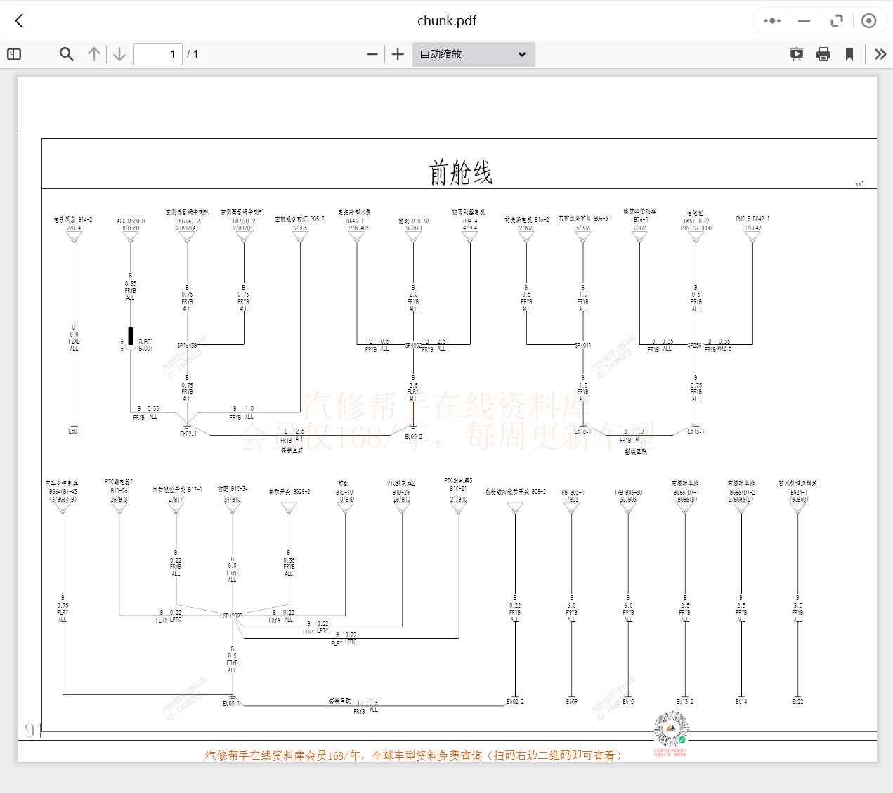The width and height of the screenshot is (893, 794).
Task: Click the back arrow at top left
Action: [x=20, y=21]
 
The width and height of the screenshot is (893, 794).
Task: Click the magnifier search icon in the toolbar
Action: [x=67, y=54]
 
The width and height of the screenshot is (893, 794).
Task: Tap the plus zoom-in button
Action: [x=398, y=54]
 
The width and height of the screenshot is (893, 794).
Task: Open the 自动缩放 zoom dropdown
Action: [x=474, y=54]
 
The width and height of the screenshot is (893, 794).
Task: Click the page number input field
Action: [x=158, y=54]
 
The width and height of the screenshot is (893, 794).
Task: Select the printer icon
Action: [x=823, y=54]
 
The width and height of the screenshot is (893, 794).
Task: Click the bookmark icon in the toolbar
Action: [x=849, y=54]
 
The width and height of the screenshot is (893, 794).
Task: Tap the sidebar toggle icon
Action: [x=14, y=54]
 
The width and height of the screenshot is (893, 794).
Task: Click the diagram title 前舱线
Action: [x=460, y=172]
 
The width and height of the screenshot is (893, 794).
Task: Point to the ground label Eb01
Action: [x=74, y=431]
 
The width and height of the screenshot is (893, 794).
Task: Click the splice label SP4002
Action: [x=413, y=346]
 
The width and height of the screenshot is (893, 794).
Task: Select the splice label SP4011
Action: [x=583, y=346]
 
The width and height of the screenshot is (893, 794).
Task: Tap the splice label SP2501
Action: [x=696, y=346]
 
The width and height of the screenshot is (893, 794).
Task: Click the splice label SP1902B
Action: [x=233, y=616]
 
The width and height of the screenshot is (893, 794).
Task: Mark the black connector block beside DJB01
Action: [x=131, y=336]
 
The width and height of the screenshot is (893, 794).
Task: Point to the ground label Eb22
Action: [x=797, y=702]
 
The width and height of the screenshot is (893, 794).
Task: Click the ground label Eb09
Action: [x=572, y=702]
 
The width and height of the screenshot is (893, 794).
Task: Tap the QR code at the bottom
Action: [x=670, y=729]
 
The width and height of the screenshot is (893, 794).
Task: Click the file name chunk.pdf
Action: [x=447, y=21]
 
